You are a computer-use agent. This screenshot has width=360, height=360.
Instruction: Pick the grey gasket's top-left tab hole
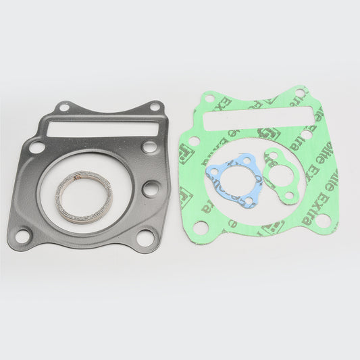64,107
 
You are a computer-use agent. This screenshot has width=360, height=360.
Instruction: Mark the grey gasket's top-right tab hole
154,106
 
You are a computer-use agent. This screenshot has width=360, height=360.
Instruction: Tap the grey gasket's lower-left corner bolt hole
23,236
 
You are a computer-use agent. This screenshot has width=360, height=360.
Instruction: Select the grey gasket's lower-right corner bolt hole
145,237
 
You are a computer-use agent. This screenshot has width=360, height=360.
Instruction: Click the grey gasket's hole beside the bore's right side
151,189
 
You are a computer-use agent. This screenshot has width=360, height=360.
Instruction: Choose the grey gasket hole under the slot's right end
149,147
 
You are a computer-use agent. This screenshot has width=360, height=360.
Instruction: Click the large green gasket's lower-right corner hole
323,220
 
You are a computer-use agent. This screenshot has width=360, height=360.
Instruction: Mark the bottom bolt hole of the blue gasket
248,201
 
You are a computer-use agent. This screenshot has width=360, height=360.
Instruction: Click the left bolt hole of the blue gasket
215,172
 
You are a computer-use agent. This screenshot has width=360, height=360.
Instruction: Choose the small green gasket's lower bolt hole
289,196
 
